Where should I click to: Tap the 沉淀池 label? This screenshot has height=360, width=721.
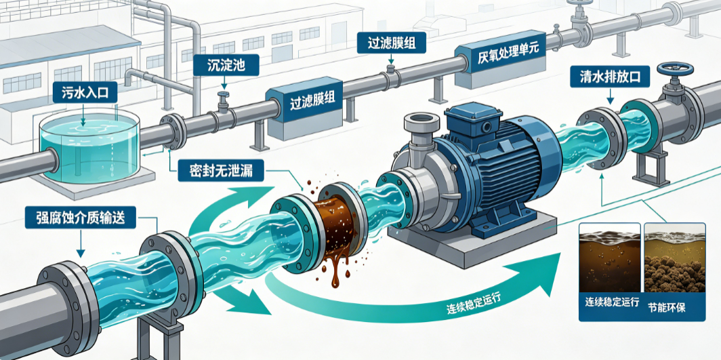[226, 66]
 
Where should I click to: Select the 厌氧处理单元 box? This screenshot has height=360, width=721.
[501, 64]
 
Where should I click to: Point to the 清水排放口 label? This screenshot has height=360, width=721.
[609, 77]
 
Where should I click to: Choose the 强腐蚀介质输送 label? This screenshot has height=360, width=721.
[81, 217]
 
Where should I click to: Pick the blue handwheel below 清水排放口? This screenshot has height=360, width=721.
[675, 69]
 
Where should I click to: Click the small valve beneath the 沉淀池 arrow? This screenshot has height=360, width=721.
[224, 102]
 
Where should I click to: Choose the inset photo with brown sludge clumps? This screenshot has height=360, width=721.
[674, 258]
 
